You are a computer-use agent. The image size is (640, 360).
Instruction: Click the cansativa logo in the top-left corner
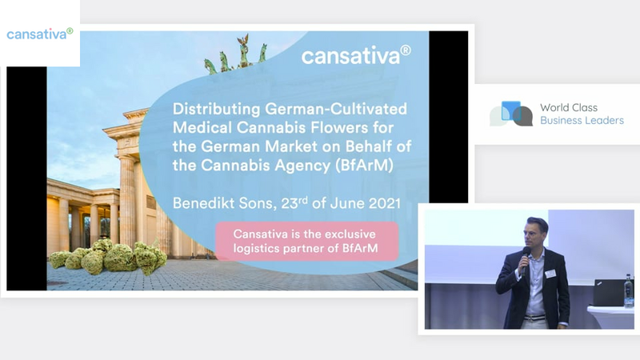[39, 34]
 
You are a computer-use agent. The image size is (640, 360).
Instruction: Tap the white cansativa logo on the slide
[356, 55]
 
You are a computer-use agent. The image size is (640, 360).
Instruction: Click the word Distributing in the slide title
[216, 110]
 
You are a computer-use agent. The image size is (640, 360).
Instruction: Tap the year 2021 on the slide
[385, 203]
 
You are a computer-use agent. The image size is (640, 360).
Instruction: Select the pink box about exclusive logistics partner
[306, 242]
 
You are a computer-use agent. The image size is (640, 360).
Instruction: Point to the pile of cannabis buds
[108, 257]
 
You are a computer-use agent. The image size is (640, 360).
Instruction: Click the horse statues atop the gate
[236, 55]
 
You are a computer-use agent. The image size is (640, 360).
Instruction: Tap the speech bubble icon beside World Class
[511, 114]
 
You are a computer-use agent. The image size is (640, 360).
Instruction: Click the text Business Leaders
[582, 121]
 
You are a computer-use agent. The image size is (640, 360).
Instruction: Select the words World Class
[569, 108]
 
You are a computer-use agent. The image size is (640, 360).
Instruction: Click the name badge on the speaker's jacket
[550, 274]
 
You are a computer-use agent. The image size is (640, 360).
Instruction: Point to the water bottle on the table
[629, 290]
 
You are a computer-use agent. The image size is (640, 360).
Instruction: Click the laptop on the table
[609, 292]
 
